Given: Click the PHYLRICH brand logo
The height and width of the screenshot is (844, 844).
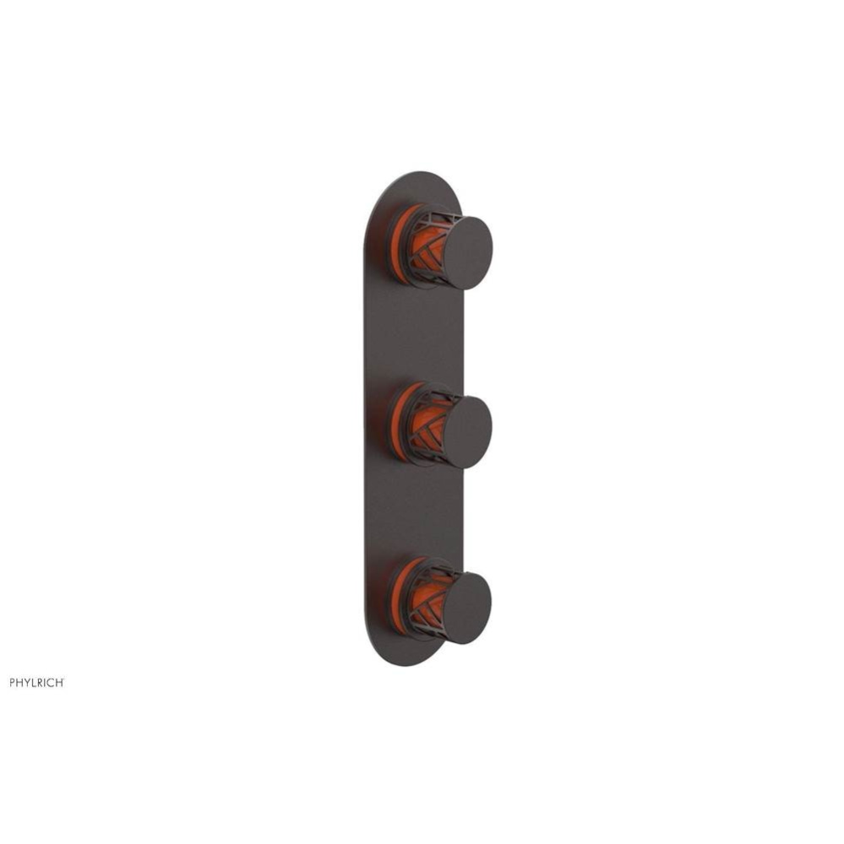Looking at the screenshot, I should point(37,682).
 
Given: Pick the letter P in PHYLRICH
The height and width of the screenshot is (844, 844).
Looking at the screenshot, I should point(13,682).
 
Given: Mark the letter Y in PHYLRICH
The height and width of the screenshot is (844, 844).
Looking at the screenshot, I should point(27,682).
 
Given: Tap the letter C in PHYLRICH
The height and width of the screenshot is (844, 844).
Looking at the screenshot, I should point(51,682).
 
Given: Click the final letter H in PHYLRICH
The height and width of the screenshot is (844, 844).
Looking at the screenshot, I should point(59,682).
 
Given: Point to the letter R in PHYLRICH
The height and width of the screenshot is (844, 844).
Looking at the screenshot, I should point(40,682).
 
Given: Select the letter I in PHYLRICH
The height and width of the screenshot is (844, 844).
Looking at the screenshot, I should point(46,682).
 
